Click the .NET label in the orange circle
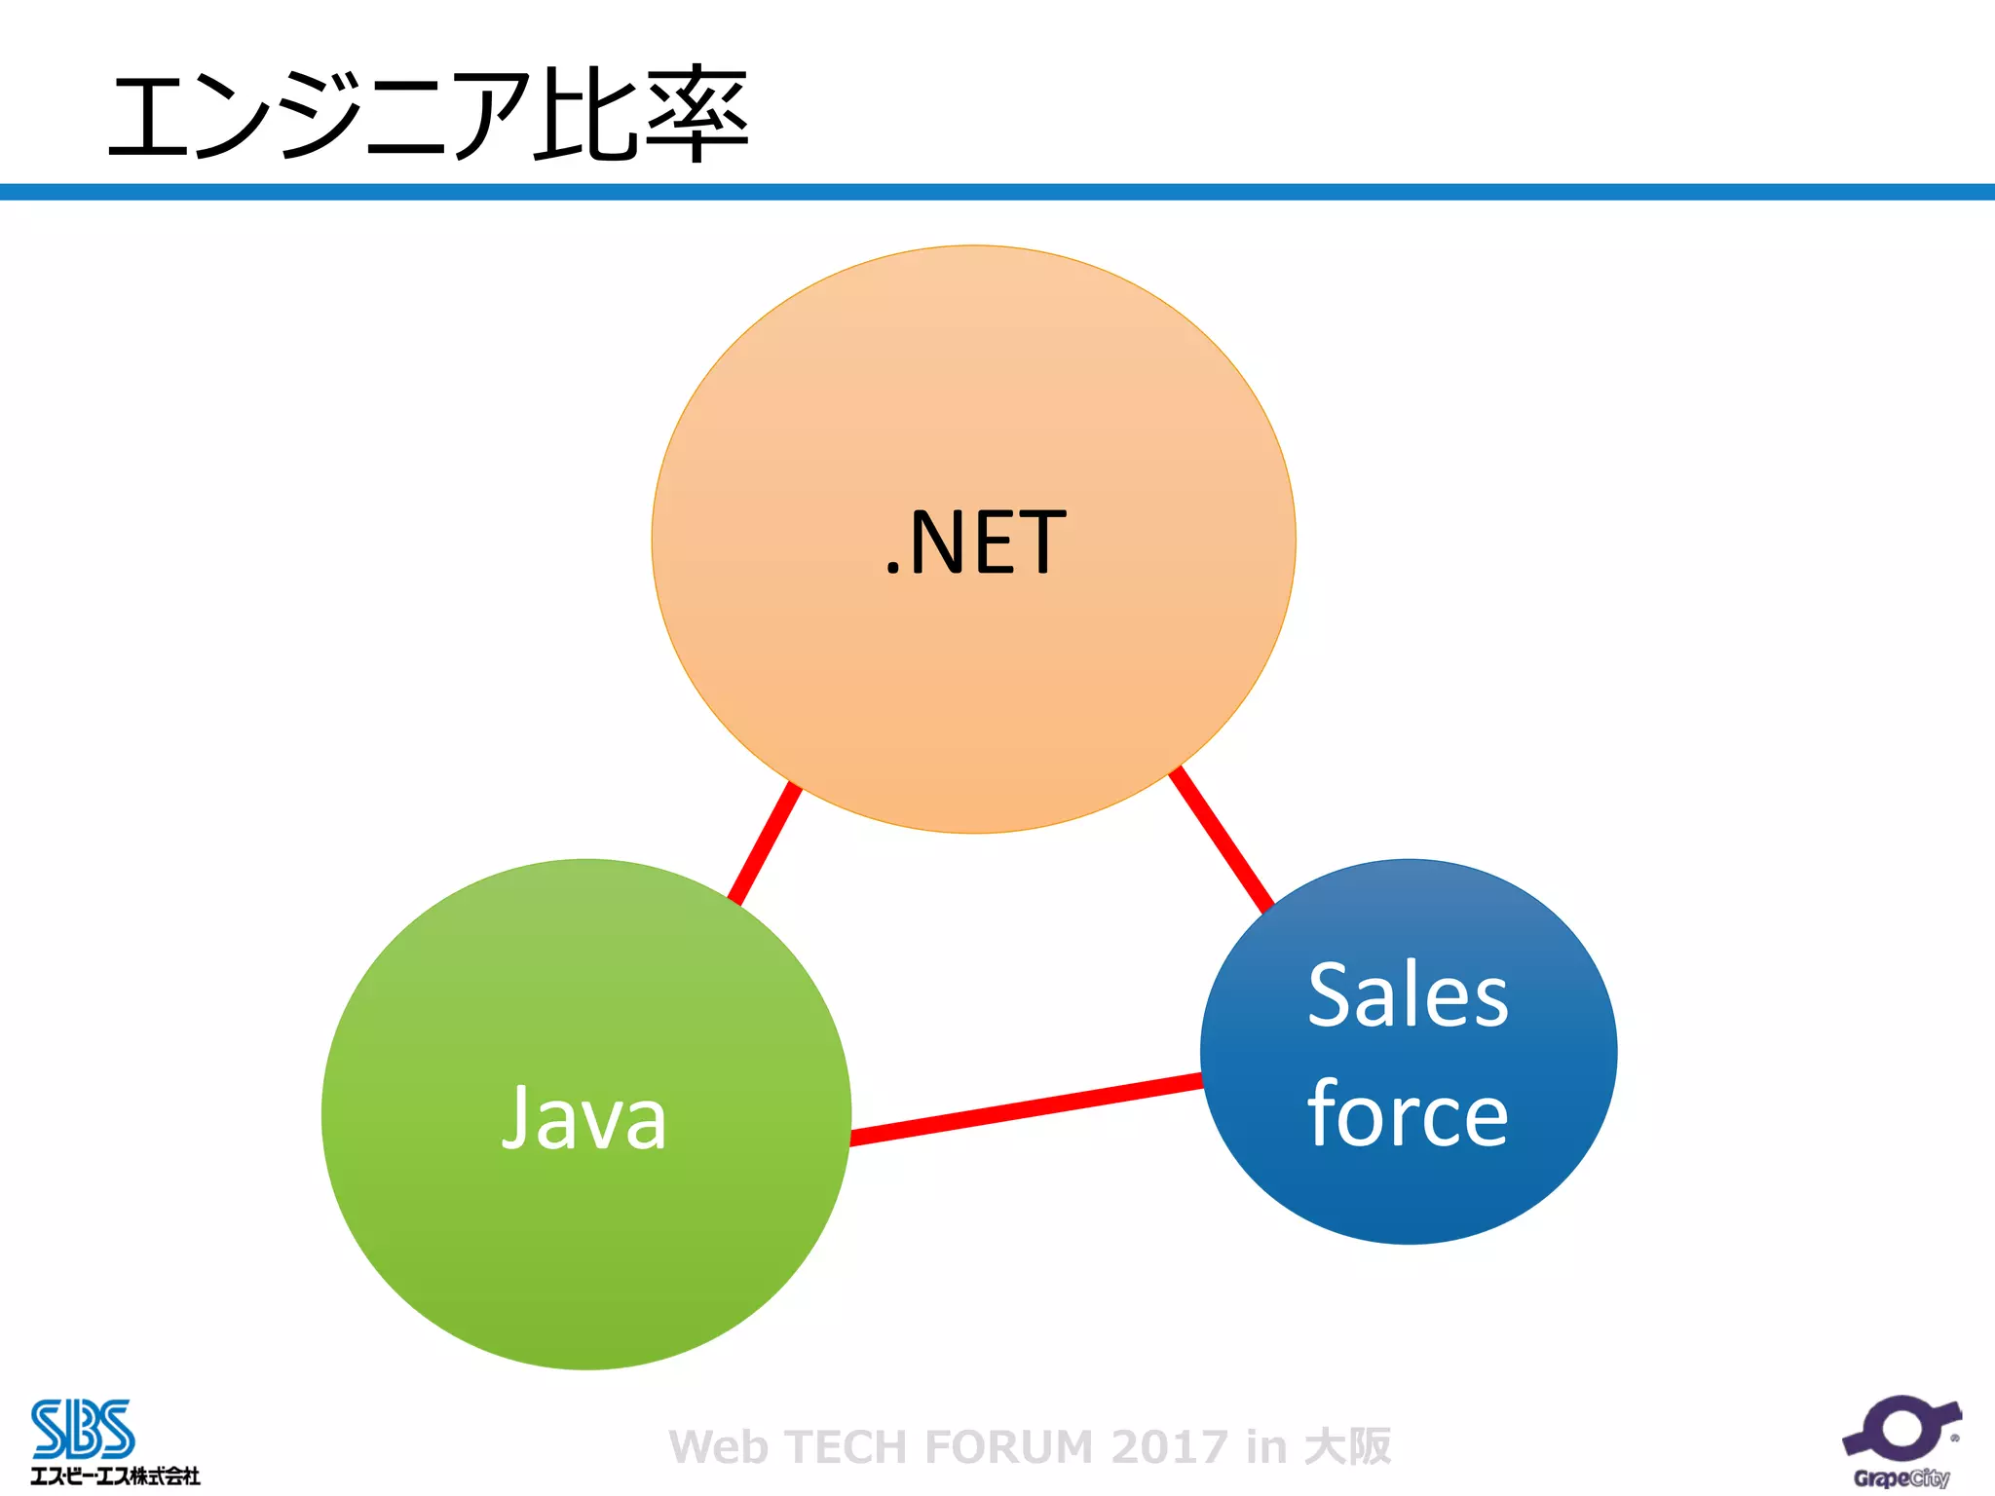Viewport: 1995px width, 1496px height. pyautogui.click(x=975, y=542)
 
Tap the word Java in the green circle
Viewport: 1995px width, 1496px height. pyautogui.click(x=584, y=1119)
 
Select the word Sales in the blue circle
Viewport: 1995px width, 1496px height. pyautogui.click(x=1408, y=995)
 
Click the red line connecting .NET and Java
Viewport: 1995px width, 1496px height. pyautogui.click(x=765, y=843)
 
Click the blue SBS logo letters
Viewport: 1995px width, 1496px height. pyautogui.click(x=83, y=1429)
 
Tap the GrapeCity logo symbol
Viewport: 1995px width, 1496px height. pyautogui.click(x=1901, y=1428)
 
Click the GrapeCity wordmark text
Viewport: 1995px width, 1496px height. pyautogui.click(x=1901, y=1477)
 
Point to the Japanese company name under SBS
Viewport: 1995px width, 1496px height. pyautogui.click(x=115, y=1477)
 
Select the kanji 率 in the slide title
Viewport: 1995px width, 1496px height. pyautogui.click(x=696, y=115)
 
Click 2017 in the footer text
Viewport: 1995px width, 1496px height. pyautogui.click(x=1169, y=1447)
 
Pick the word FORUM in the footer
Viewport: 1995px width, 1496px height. pyautogui.click(x=1008, y=1447)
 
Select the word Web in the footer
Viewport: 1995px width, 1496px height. pyautogui.click(x=719, y=1447)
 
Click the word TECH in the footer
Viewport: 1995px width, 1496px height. pyautogui.click(x=847, y=1447)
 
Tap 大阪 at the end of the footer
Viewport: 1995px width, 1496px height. pyautogui.click(x=1348, y=1447)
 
